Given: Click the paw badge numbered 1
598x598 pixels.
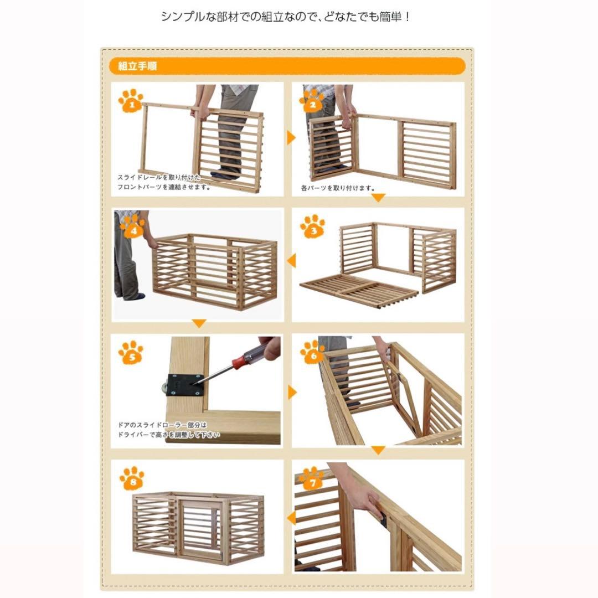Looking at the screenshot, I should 131,102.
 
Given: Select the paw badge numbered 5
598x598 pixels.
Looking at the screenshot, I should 131,352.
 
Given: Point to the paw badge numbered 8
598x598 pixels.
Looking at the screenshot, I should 131,478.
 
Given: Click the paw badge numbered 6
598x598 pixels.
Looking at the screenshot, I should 312,352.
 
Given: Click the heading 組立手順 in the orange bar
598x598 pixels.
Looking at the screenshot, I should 137,66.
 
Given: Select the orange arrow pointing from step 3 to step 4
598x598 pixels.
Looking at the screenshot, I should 291,260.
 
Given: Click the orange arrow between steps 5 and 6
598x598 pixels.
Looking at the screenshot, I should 291,393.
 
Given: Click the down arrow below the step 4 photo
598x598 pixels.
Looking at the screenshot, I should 199,324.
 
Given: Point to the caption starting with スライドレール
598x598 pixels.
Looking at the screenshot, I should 164,182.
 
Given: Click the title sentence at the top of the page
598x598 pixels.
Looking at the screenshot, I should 286,17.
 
